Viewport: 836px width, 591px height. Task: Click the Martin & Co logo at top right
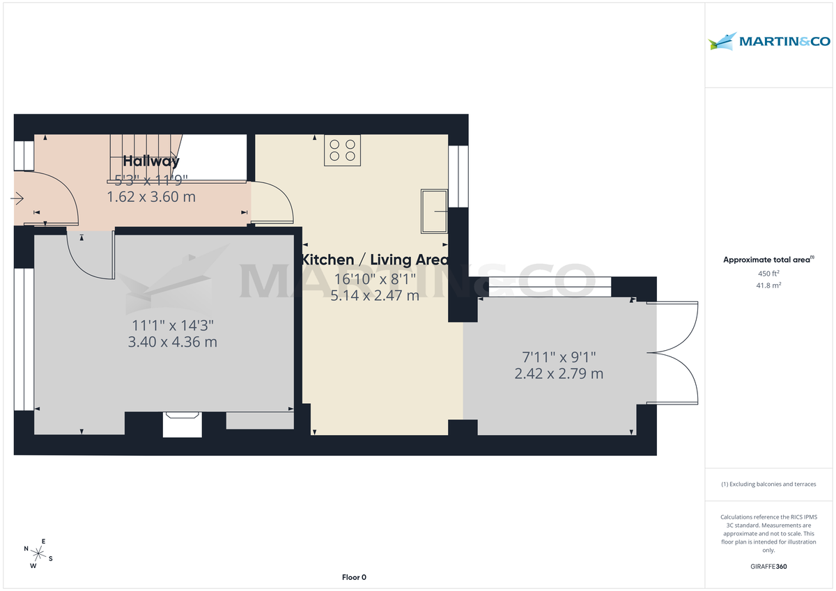pos(769,42)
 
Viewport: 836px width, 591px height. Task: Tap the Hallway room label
pos(151,161)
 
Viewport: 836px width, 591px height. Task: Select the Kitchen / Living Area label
pos(375,260)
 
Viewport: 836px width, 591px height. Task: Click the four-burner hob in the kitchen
pos(342,150)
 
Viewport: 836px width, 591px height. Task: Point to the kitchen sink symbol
pos(434,211)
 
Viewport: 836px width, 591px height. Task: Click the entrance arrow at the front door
pos(17,199)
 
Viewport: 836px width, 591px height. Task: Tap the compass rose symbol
pos(39,554)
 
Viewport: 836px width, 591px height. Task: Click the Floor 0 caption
pos(354,577)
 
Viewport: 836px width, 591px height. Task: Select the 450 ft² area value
pos(768,274)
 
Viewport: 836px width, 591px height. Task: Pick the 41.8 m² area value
pos(768,285)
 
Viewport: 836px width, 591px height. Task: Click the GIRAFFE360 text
pos(768,567)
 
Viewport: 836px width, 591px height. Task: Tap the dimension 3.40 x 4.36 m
pos(173,342)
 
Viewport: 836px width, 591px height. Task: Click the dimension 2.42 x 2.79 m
pos(559,374)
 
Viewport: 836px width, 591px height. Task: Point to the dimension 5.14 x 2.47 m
pos(375,295)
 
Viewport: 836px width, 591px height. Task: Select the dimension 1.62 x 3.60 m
pos(151,197)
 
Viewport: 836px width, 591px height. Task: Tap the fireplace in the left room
pos(182,424)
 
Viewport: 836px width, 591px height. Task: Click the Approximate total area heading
pos(768,260)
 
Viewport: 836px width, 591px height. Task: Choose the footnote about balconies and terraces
pos(768,484)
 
